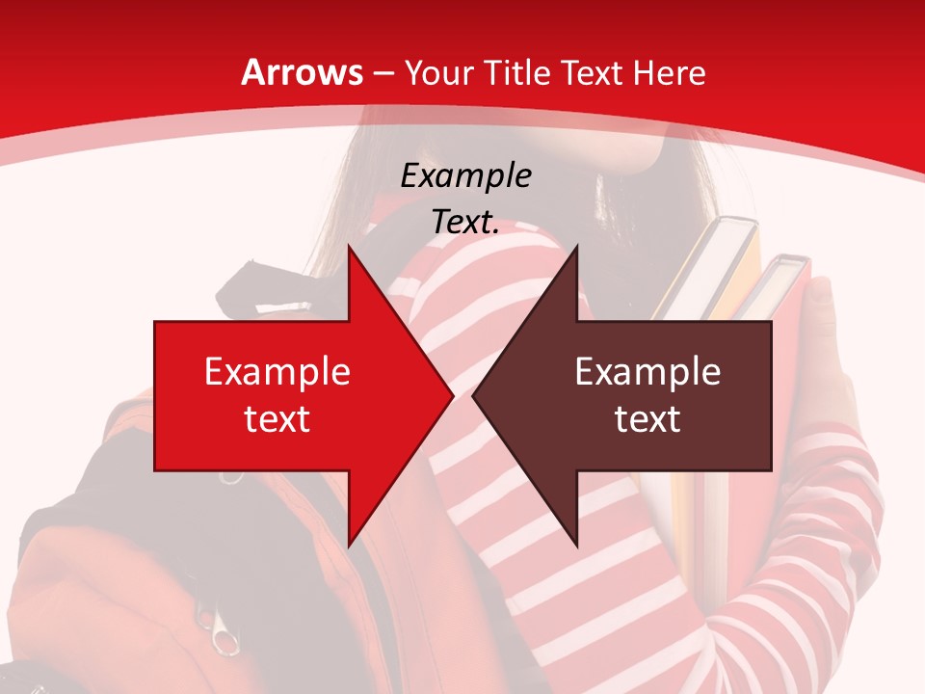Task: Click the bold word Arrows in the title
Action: [x=303, y=73]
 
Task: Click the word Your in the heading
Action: [x=439, y=73]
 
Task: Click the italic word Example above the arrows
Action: [x=465, y=175]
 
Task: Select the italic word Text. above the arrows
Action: [x=465, y=222]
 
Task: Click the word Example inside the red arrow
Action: [x=277, y=372]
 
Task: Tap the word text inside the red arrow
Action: [x=277, y=418]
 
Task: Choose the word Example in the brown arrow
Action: [x=647, y=372]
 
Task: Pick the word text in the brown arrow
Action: [x=647, y=418]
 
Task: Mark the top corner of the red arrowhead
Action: [x=349, y=248]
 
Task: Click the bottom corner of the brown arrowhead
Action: [x=576, y=544]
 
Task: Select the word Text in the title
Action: [x=592, y=73]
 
